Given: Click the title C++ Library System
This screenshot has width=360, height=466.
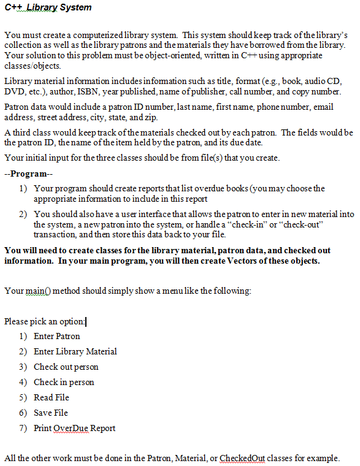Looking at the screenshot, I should pyautogui.click(x=47, y=7).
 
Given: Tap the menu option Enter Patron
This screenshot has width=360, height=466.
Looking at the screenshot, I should pyautogui.click(x=56, y=336).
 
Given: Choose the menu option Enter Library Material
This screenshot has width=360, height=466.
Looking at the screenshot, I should pyautogui.click(x=75, y=351).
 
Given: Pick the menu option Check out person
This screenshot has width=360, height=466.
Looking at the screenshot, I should pyautogui.click(x=66, y=367).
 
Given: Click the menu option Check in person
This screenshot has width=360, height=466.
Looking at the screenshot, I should pyautogui.click(x=64, y=382).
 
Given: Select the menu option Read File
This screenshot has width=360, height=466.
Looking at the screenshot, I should pyautogui.click(x=52, y=397).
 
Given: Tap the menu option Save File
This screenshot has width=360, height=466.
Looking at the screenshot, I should pyautogui.click(x=51, y=413).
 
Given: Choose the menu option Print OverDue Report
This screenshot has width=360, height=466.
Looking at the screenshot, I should pyautogui.click(x=74, y=428).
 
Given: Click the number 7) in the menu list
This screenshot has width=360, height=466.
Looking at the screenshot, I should pyautogui.click(x=23, y=428).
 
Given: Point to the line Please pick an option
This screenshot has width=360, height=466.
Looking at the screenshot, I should pyautogui.click(x=45, y=321).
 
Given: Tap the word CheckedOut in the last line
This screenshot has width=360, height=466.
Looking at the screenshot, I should pyautogui.click(x=241, y=457).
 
